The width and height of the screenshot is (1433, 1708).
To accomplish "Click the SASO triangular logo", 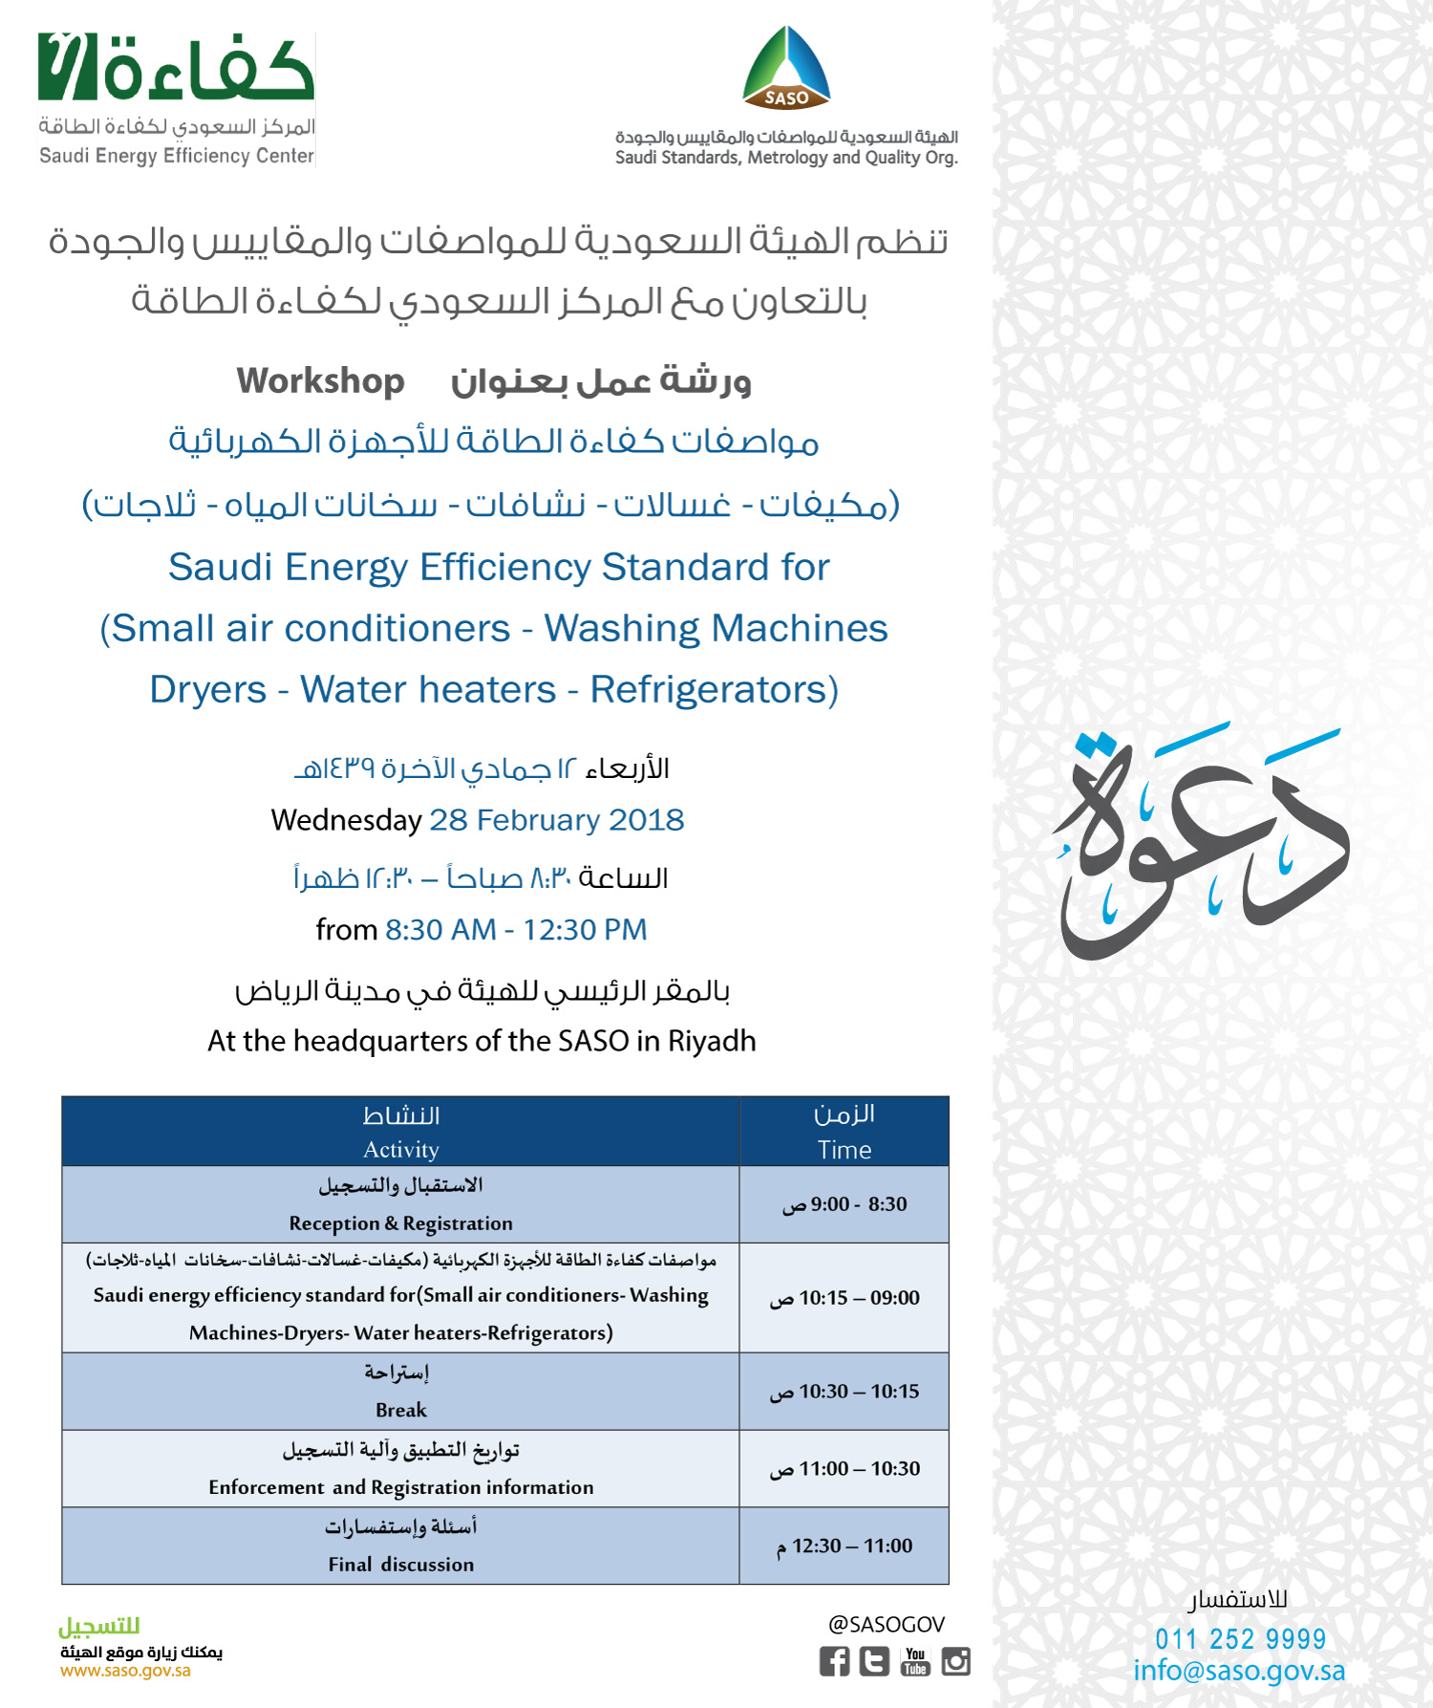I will (x=786, y=68).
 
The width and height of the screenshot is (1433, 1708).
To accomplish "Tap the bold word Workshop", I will (x=320, y=380).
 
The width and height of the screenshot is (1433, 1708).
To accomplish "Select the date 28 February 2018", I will (x=556, y=820).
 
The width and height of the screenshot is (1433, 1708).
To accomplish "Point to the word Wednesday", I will (x=346, y=820).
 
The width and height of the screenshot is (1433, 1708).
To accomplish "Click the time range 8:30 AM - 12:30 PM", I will (x=516, y=929).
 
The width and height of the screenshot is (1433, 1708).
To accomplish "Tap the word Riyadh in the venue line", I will (x=712, y=1040).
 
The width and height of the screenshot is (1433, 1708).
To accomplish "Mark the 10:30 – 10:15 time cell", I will (x=845, y=1392).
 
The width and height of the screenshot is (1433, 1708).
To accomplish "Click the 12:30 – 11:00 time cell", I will (x=845, y=1546).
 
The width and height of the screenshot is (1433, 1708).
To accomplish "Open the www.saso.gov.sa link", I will (x=125, y=1671).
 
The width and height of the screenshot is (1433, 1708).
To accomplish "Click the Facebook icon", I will (x=834, y=1661).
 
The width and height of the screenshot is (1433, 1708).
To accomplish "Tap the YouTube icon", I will (x=915, y=1661).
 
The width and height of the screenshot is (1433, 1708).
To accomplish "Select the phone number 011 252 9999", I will (x=1240, y=1639).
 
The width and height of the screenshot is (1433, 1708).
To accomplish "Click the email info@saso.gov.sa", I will (x=1239, y=1671).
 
